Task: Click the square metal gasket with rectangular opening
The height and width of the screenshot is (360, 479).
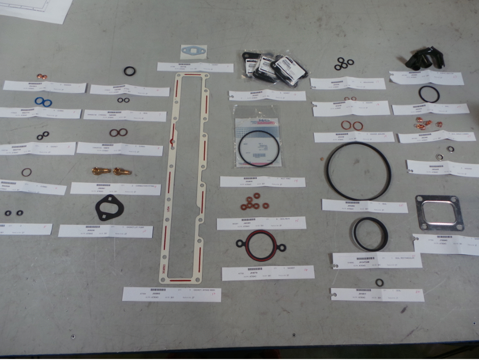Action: point(439,213)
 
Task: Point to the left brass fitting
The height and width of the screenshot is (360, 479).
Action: point(101,171)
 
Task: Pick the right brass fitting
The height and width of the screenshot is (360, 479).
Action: point(122,171)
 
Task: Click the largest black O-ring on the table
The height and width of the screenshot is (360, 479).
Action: point(358,171)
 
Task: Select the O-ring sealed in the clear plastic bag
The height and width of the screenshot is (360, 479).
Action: point(259,148)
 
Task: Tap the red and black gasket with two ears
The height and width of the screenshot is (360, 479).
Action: point(261,246)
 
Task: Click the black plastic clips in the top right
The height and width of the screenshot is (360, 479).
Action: point(425,58)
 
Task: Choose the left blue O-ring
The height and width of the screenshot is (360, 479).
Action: point(40,101)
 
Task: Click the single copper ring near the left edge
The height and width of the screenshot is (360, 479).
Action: point(26,172)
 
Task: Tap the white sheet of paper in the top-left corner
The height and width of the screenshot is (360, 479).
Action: point(38,10)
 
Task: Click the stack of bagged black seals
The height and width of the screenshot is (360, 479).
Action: point(274,69)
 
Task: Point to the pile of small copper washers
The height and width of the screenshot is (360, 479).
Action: point(424,124)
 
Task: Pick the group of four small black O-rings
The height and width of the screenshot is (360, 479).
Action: point(344,64)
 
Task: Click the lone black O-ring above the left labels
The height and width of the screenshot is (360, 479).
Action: point(129,71)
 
